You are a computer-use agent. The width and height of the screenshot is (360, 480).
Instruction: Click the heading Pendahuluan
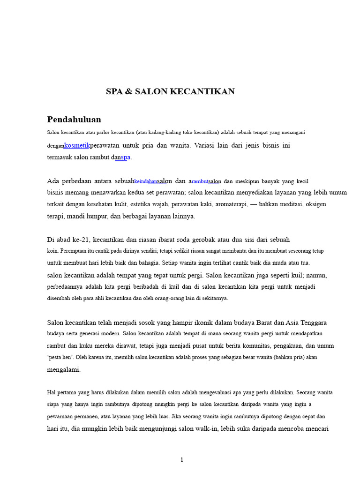click(74, 120)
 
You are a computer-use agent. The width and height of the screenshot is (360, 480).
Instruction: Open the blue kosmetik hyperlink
click(76, 145)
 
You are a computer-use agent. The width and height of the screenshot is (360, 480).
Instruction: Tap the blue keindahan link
click(146, 181)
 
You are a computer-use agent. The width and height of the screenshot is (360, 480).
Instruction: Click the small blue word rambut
click(200, 181)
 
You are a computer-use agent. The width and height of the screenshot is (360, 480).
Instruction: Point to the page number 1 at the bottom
click(182, 460)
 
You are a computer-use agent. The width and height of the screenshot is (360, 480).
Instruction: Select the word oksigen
click(316, 204)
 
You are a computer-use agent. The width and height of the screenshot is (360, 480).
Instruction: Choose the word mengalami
click(64, 369)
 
